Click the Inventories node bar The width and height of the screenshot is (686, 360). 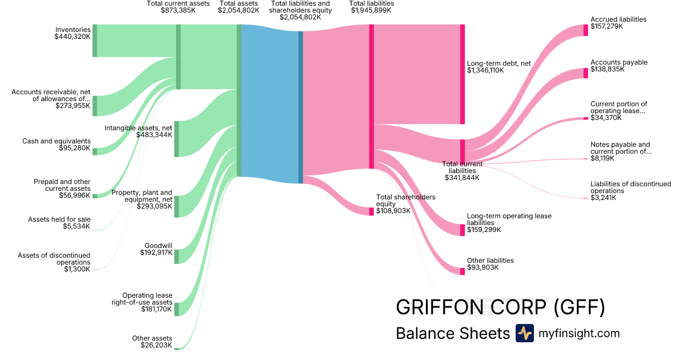point(95,41)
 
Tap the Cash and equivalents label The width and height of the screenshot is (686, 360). point(57,141)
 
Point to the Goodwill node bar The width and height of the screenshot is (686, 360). point(177,257)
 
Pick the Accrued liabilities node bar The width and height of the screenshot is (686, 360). point(585,30)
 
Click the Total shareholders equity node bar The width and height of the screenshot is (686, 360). point(371,211)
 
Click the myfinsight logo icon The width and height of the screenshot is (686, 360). point(524,333)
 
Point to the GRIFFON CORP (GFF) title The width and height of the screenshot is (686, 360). point(500,307)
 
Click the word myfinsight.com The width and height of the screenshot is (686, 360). point(579,333)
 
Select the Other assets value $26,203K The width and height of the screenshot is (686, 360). point(156,345)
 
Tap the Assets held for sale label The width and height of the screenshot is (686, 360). point(59,219)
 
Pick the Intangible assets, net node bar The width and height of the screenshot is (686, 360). point(177,139)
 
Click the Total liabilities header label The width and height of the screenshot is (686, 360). point(371,3)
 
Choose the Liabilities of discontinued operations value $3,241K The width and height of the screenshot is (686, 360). point(604,198)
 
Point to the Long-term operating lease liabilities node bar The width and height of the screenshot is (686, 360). point(462,230)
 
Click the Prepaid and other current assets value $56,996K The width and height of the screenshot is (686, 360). point(74,195)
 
